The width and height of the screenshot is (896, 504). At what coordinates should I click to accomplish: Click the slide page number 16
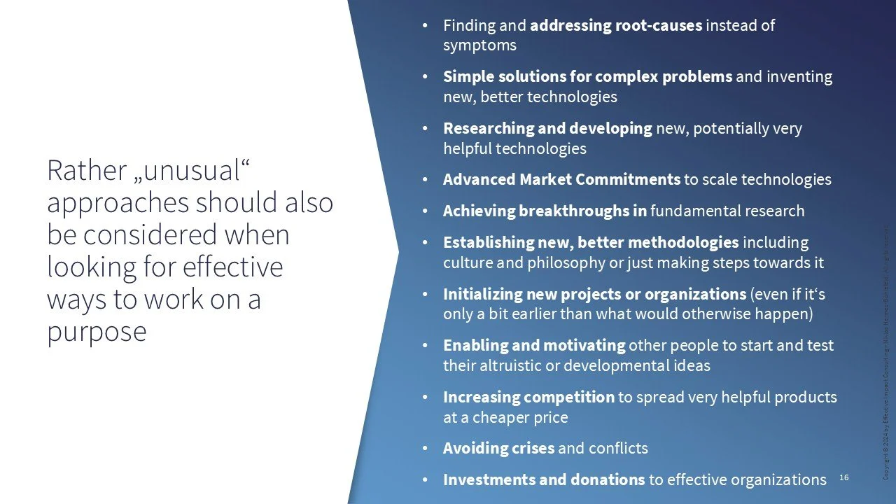[x=843, y=477]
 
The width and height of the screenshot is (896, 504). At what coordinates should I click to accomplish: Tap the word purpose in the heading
[x=97, y=331]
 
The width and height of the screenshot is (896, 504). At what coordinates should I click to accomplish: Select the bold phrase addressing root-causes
[x=616, y=26]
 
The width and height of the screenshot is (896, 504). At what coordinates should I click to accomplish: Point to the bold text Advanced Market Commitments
[x=561, y=180]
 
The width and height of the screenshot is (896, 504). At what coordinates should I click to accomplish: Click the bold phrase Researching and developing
[x=547, y=129]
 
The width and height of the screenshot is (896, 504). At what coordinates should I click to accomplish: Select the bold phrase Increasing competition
[x=528, y=398]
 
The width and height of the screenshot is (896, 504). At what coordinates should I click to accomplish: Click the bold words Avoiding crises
[x=498, y=448]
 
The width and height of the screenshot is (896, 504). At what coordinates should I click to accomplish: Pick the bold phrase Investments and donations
[x=544, y=480]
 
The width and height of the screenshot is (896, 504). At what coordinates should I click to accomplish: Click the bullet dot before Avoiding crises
[x=424, y=448]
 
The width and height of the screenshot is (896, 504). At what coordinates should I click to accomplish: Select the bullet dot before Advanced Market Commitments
[x=424, y=180]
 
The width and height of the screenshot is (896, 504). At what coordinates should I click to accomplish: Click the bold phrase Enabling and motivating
[x=534, y=346]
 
